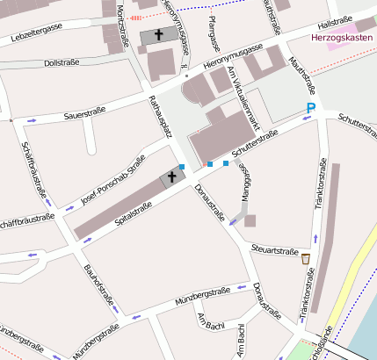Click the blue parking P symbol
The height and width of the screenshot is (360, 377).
pos(310,108)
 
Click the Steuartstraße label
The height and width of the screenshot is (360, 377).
pos(275,248)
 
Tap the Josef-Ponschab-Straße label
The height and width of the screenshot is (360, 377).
pos(112,179)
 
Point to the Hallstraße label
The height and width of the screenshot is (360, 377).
pos(335,19)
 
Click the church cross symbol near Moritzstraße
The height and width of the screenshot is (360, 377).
pos(159,37)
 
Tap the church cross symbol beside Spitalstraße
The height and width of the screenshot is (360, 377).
pos(172,177)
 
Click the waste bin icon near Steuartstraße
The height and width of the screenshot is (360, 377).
pos(306,258)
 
